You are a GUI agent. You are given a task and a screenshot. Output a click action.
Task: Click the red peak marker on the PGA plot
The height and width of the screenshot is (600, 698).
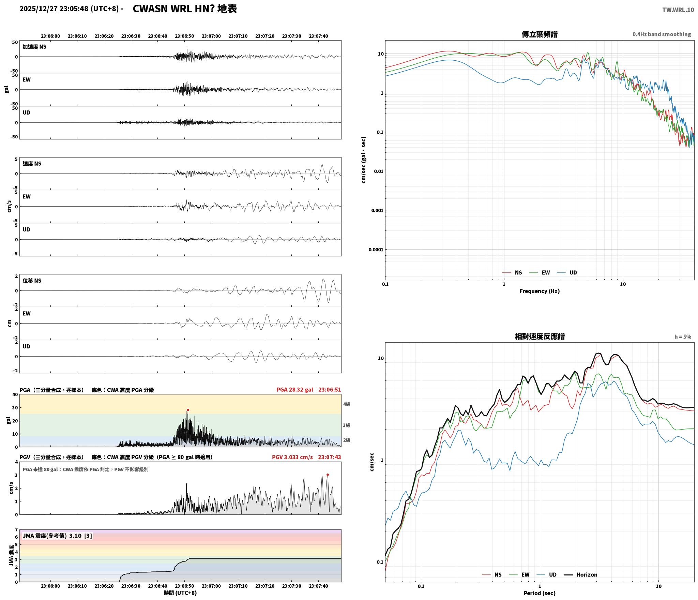click(188, 410)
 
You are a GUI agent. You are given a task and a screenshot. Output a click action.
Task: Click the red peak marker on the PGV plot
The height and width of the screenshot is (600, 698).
click(328, 475)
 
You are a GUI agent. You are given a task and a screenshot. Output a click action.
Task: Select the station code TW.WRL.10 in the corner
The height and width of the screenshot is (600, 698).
click(678, 10)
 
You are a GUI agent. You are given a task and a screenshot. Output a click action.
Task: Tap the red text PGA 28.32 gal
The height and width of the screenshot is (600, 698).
click(295, 390)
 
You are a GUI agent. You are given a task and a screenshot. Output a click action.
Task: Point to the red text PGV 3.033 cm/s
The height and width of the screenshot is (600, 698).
click(292, 457)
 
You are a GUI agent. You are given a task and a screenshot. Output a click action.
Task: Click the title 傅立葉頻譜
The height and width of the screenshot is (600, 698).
click(540, 34)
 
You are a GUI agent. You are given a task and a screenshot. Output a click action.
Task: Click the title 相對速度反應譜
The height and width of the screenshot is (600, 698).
click(540, 336)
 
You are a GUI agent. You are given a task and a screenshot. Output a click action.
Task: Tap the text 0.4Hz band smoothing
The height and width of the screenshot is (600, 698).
click(662, 34)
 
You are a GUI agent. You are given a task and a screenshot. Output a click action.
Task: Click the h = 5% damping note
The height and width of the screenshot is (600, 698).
click(683, 337)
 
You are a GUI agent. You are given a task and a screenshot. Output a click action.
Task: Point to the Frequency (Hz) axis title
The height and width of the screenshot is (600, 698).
click(540, 291)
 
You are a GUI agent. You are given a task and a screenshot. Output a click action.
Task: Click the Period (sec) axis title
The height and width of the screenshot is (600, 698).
click(540, 594)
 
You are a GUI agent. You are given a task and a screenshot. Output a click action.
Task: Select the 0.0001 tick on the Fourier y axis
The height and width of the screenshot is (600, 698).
click(376, 250)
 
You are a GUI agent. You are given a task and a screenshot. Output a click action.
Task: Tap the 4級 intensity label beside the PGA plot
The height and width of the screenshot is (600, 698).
click(347, 404)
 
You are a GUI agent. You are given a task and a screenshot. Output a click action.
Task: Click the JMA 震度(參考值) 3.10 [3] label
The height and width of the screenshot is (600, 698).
click(57, 536)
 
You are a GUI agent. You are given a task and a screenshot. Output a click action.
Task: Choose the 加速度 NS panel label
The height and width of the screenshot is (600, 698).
click(34, 47)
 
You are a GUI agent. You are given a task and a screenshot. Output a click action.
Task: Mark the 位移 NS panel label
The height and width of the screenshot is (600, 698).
click(32, 281)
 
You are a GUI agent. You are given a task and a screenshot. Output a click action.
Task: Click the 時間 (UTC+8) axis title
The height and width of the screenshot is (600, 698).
click(180, 593)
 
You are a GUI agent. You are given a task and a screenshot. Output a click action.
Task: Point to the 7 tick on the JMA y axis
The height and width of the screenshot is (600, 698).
click(16, 530)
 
